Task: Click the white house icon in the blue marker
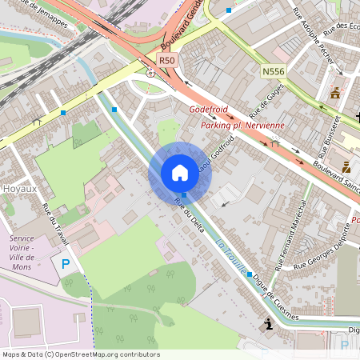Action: tap(180, 172)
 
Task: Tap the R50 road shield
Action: tap(166, 60)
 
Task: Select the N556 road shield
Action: tap(273, 72)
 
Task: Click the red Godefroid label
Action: tap(209, 110)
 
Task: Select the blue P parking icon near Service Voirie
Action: tap(66, 263)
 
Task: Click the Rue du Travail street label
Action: tap(55, 220)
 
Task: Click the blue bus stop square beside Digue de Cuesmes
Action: tap(250, 274)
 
